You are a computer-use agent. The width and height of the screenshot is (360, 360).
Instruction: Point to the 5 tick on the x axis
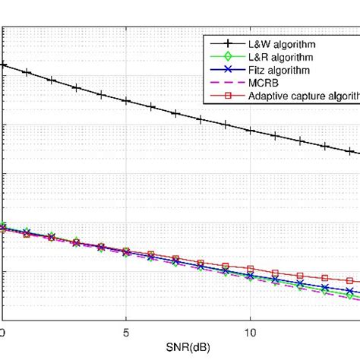pos(126,332)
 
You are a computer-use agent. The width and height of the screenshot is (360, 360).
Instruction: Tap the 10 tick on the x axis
pos(250,332)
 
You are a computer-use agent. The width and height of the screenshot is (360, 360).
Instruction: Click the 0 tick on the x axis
pos(2,332)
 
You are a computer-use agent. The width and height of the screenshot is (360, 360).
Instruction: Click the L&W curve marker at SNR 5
pos(126,101)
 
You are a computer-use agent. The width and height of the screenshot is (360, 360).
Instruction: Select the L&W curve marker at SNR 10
pos(250,130)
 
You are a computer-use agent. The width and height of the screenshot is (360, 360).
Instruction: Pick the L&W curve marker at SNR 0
pos(2,65)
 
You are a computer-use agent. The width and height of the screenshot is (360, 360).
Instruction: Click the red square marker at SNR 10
pos(250,269)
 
